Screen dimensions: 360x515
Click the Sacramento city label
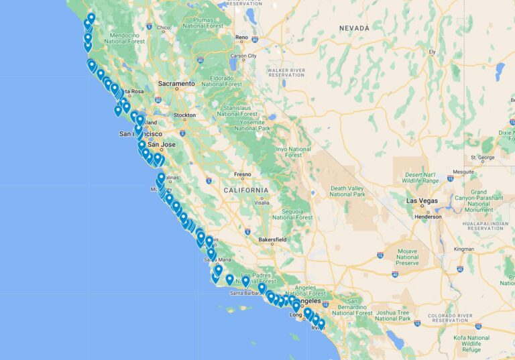pyautogui.click(x=176, y=84)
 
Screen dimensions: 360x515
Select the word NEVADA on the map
pyautogui.click(x=354, y=28)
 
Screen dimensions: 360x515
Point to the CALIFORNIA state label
pyautogui.click(x=245, y=190)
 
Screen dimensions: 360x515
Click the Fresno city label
pyautogui.click(x=242, y=174)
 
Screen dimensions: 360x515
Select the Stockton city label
pyautogui.click(x=184, y=115)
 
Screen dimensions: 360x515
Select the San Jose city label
pyautogui.click(x=162, y=144)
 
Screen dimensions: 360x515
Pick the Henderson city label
pyautogui.click(x=427, y=217)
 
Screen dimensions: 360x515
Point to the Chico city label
pyautogui.click(x=163, y=28)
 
